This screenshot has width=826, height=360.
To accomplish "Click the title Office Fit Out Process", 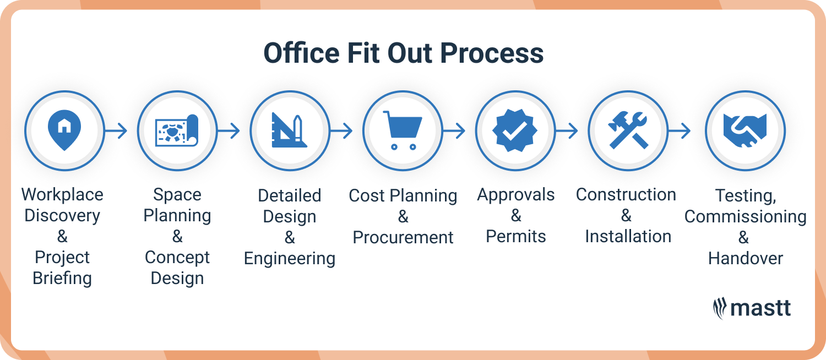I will click(x=404, y=53).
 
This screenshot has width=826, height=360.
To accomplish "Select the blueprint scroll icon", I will click(x=177, y=131).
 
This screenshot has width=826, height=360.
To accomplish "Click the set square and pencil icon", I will click(x=290, y=131).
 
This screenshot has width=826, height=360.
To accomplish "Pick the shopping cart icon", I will click(x=403, y=130).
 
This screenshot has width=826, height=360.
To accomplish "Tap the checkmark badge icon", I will click(x=515, y=130).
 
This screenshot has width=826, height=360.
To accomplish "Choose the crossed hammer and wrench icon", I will click(x=628, y=130).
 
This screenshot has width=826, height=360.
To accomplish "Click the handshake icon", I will click(x=745, y=130).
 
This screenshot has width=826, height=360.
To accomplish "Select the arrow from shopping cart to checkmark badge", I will click(x=454, y=131).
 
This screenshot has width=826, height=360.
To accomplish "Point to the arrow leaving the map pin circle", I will click(x=116, y=131).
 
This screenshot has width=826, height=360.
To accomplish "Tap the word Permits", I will click(x=516, y=237).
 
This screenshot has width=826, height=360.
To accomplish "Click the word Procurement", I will click(x=403, y=238).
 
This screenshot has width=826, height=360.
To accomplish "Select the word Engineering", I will click(x=290, y=259).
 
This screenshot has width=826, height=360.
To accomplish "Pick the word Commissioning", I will click(x=745, y=216).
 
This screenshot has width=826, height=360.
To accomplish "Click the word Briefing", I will click(x=62, y=279).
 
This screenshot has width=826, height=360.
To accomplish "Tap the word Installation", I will click(x=628, y=237).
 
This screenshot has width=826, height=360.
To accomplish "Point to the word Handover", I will click(x=745, y=258).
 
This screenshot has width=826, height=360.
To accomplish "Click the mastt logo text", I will click(x=760, y=308).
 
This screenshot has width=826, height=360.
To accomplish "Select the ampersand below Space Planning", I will click(x=177, y=237).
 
